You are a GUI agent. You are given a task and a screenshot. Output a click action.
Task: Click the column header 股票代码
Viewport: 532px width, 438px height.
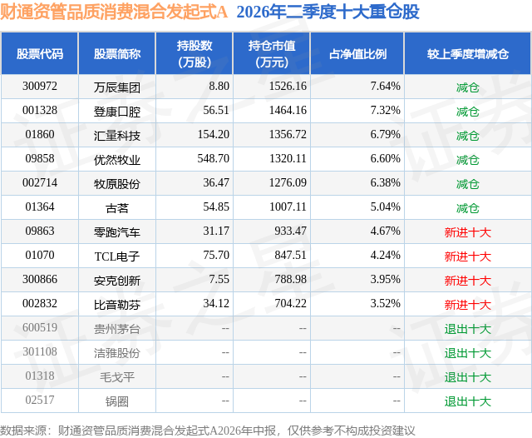(40, 53)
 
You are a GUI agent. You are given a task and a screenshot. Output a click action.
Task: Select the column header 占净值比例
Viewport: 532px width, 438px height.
(357, 53)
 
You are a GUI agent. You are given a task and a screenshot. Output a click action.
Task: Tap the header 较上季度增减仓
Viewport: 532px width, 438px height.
(468, 53)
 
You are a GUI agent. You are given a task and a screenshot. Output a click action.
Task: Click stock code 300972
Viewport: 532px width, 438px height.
(40, 87)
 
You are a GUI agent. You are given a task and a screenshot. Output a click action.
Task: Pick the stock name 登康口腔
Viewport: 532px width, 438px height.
(117, 112)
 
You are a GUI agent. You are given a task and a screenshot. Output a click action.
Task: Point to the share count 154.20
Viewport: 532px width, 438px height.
(214, 135)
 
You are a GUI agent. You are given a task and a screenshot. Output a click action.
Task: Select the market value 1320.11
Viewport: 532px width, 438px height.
(288, 159)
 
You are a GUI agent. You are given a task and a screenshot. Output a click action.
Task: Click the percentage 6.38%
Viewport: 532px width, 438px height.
(385, 183)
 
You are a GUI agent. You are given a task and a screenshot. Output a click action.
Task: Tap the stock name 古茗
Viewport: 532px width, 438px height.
(117, 208)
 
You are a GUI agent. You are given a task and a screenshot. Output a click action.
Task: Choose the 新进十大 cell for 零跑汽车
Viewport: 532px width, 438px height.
(468, 232)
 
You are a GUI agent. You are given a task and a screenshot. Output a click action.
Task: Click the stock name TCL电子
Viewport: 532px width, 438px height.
(117, 256)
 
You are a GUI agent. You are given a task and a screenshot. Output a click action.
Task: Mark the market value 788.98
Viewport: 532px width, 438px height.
(290, 279)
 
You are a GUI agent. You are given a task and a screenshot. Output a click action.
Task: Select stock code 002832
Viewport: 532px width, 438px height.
(40, 303)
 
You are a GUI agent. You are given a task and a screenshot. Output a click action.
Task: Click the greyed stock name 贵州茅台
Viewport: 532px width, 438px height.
(117, 329)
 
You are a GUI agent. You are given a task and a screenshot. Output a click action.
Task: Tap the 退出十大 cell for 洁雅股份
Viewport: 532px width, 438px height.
(468, 353)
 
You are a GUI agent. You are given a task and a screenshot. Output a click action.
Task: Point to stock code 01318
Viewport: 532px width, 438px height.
(40, 376)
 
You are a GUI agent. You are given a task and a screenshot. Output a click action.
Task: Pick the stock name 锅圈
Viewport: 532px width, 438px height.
(117, 401)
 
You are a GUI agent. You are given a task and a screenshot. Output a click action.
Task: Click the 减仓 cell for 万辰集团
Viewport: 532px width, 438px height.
(468, 87)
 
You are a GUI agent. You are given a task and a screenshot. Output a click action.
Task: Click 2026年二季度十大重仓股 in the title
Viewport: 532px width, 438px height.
(328, 12)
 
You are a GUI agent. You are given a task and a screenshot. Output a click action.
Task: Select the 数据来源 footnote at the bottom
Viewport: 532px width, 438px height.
(208, 431)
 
